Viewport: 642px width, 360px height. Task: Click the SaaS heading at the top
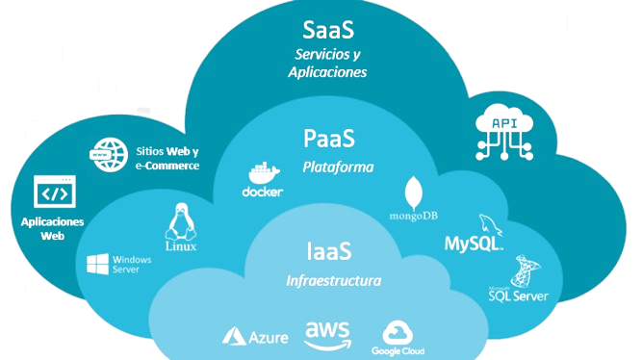(x=328, y=26)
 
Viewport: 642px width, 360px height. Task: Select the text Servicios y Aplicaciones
(x=327, y=63)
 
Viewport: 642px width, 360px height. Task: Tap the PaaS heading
(x=328, y=139)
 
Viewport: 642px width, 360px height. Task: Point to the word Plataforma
(x=338, y=167)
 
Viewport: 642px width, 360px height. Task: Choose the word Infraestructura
(x=333, y=281)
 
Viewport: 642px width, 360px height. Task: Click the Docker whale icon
(x=261, y=173)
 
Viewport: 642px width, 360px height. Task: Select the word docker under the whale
(x=262, y=193)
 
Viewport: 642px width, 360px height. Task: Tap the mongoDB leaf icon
(x=415, y=190)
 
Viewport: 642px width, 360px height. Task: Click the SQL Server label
(x=518, y=296)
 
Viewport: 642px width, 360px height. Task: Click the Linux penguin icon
(x=179, y=222)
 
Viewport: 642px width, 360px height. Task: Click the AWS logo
(x=328, y=333)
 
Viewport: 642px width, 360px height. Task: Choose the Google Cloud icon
(x=398, y=333)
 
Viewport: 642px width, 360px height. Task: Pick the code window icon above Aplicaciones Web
(x=53, y=193)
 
